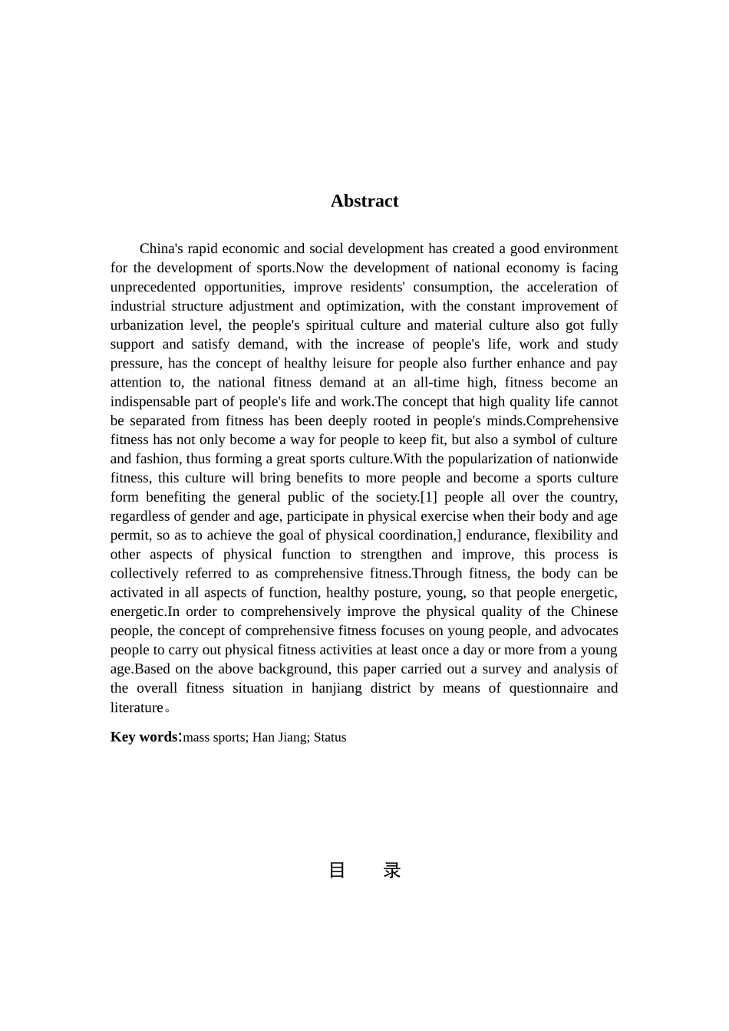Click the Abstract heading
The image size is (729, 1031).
pos(364,201)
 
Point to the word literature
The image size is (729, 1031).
pos(137,707)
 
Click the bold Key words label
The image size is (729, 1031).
pos(144,736)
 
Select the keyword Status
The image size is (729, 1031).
pos(330,737)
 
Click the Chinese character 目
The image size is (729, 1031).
pos(337,871)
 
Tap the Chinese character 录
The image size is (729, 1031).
pos(392,871)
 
